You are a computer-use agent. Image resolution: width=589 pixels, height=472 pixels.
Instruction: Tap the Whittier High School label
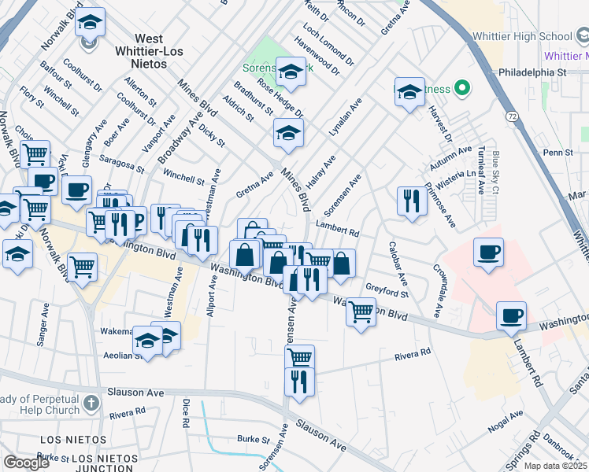(523, 36)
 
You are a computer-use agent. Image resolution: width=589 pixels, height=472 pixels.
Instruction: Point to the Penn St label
(556, 151)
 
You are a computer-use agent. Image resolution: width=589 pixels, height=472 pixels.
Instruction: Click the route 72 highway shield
(512, 116)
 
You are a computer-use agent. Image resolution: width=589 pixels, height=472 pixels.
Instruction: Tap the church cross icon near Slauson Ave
(91, 404)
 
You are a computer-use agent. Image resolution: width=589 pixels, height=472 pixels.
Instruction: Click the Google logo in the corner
(26, 463)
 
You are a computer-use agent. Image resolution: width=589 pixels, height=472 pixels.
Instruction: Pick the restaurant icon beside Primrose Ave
(412, 201)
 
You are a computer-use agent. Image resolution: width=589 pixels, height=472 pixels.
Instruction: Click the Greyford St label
(387, 289)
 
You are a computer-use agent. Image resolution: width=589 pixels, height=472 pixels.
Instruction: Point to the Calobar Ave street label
(397, 263)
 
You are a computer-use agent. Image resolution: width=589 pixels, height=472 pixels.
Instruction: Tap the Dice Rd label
(186, 412)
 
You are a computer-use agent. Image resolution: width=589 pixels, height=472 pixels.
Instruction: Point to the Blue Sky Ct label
(496, 172)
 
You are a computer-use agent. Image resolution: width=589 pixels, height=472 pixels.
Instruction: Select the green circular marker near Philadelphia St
(463, 87)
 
